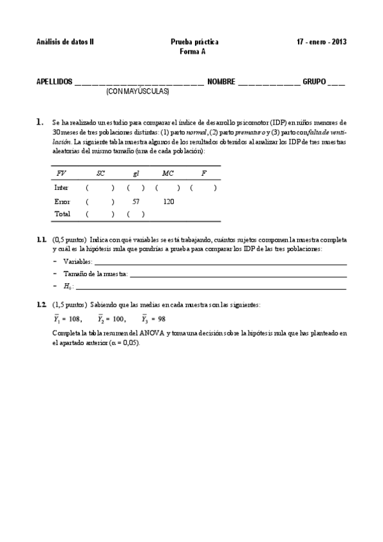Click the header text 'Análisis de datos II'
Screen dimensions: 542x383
point(65,42)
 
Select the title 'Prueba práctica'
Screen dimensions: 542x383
point(194,42)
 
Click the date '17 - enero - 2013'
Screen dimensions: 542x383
point(322,42)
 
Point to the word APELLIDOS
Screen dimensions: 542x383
point(54,82)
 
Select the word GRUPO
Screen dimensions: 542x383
point(314,82)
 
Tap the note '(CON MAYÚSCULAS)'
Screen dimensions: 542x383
point(137,92)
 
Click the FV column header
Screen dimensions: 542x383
point(61,173)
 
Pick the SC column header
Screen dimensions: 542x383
point(100,173)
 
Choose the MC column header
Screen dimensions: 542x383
point(168,173)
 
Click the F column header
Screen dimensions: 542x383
point(203,173)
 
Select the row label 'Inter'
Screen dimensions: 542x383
point(62,188)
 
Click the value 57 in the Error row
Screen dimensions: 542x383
point(136,201)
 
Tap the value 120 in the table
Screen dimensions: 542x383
point(169,201)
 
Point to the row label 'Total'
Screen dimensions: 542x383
point(63,214)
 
